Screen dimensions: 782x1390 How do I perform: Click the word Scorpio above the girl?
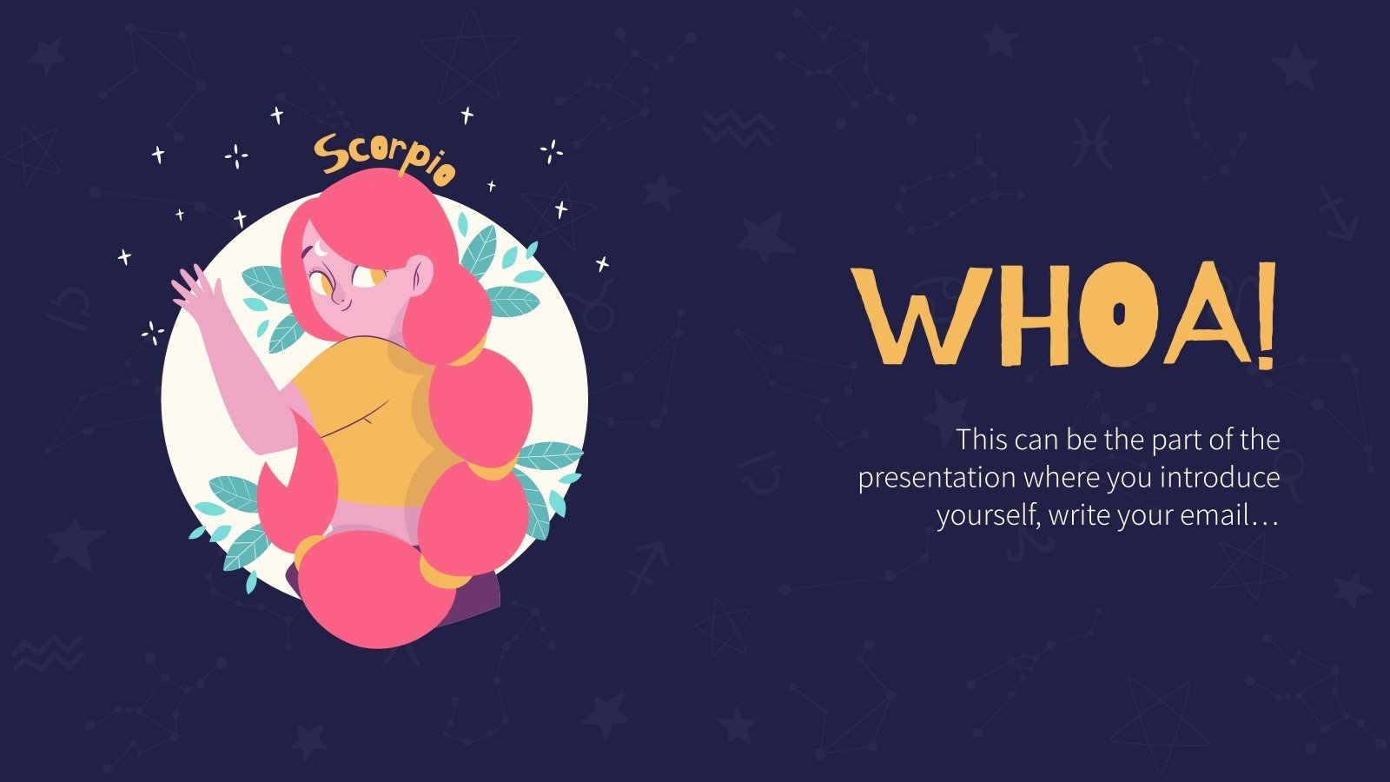384,157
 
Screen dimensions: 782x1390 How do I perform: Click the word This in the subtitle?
982,441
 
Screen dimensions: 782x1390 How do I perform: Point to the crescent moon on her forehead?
322,249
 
